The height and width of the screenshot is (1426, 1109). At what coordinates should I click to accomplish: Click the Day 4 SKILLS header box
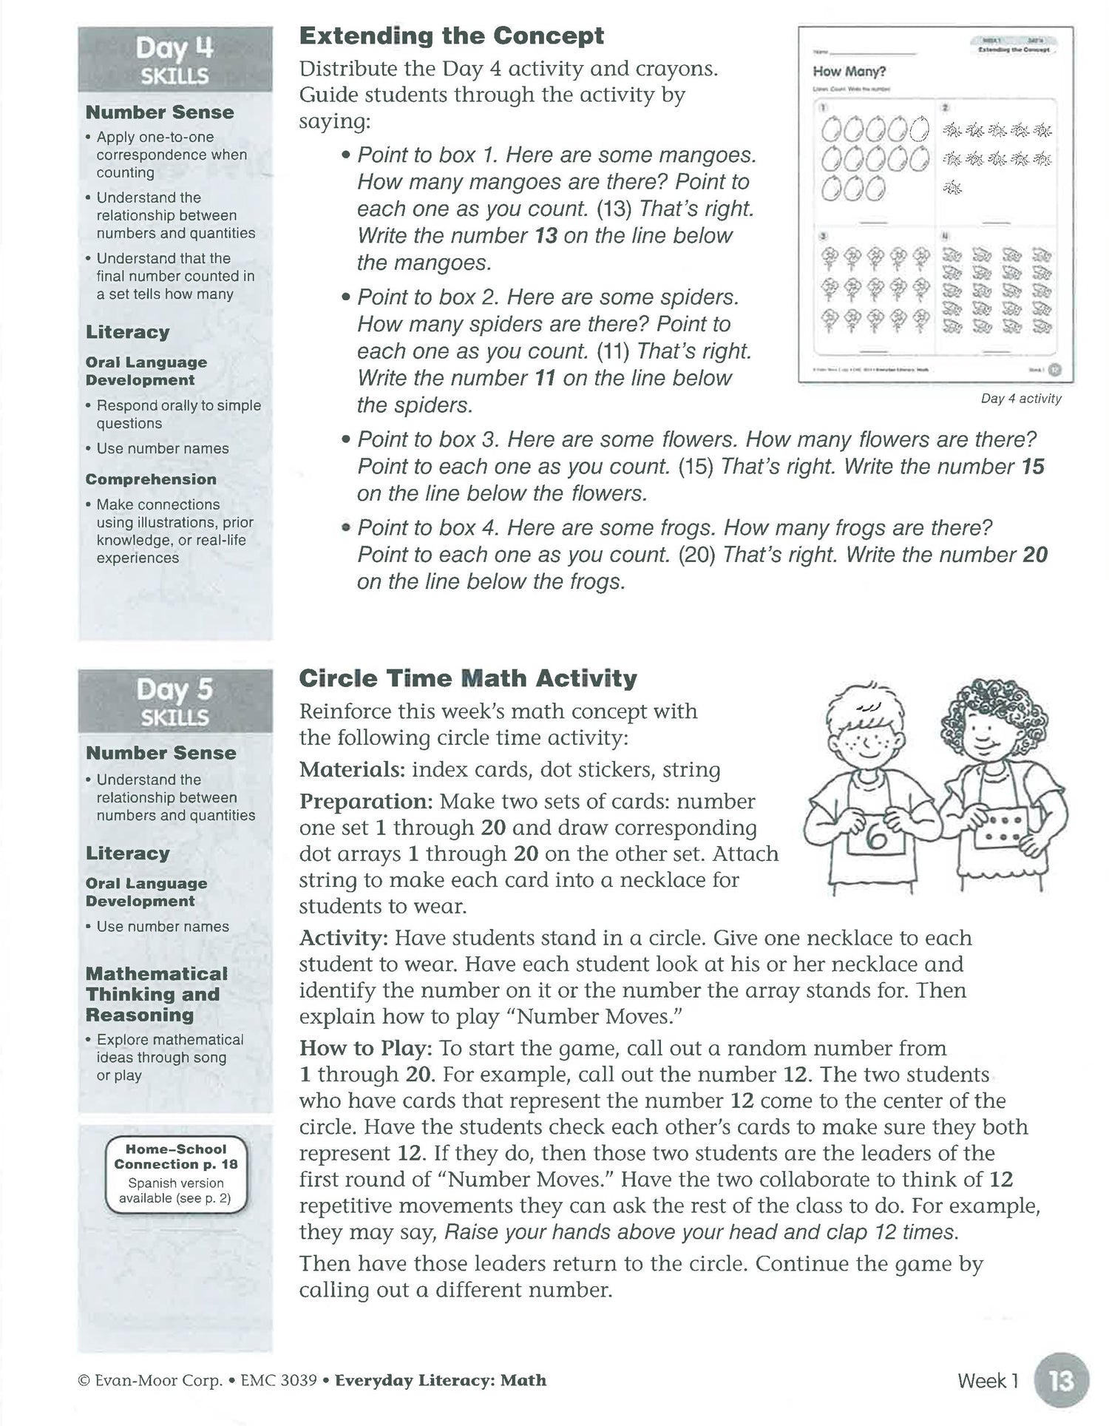tap(175, 60)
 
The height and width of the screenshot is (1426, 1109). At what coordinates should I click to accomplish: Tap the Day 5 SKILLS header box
tap(175, 701)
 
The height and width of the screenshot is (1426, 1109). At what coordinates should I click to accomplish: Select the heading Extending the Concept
tap(451, 36)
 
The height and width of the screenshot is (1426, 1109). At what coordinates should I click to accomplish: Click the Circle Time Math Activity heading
tap(467, 678)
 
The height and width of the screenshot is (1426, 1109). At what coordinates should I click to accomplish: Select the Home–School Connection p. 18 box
tap(176, 1174)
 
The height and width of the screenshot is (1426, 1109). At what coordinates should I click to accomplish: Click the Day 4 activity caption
tap(1020, 399)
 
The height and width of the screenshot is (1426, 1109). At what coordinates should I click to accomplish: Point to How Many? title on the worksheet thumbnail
tap(849, 72)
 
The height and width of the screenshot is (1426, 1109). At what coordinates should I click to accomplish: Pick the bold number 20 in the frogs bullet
tap(1034, 555)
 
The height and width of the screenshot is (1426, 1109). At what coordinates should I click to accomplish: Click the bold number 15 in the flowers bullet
tap(1032, 467)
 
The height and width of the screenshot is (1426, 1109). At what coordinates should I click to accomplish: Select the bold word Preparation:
tap(366, 802)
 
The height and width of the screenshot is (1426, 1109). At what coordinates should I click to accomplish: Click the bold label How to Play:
tap(365, 1048)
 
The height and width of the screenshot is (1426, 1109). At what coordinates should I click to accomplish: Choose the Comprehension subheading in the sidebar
tap(151, 479)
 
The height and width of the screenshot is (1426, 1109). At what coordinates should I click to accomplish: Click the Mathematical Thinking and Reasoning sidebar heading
tap(157, 994)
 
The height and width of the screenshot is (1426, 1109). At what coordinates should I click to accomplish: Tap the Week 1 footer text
tap(988, 1381)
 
